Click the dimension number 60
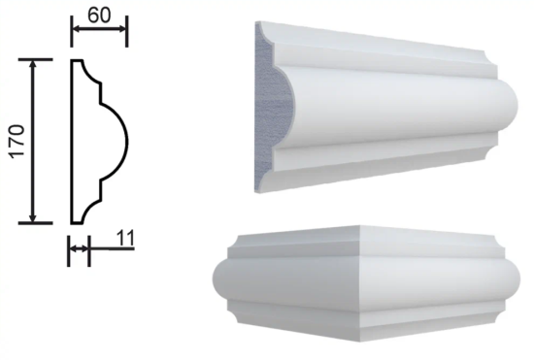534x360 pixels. tap(99, 16)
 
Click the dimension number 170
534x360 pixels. tap(17, 141)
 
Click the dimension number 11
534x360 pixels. tap(125, 238)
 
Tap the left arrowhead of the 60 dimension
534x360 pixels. tap(77, 29)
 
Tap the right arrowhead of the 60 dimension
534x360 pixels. tap(121, 29)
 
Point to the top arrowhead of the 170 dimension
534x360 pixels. tap(33, 65)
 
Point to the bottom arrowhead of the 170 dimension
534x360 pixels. tap(33, 217)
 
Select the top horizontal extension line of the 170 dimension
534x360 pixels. tap(35, 59)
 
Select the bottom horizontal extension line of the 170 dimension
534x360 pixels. tap(35, 223)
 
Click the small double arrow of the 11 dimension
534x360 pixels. tap(79, 248)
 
